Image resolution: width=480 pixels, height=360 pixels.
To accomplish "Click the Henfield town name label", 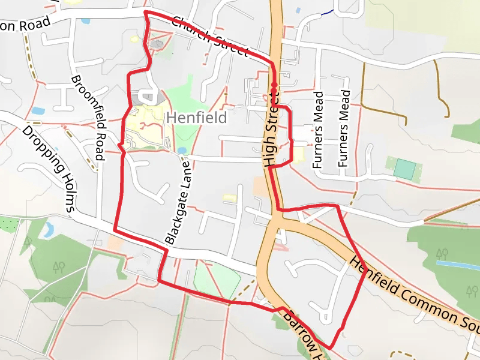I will coord(197,118).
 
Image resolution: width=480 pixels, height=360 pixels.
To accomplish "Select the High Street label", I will coord(272,130).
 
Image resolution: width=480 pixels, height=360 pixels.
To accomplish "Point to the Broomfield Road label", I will coord(88,119).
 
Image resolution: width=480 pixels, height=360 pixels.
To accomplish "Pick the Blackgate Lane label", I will coord(178,202).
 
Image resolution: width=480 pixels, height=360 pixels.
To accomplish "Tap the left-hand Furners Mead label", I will coord(318,129).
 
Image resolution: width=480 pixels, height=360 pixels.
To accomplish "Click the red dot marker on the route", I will coord(274,85).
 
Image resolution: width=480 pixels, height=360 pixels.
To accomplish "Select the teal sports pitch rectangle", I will coord(404,169).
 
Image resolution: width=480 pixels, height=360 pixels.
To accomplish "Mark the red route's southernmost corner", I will coord(330,348).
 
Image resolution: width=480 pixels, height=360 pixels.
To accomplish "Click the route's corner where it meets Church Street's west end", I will coord(146,11).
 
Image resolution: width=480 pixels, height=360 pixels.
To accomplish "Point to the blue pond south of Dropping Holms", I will coord(48,229).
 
